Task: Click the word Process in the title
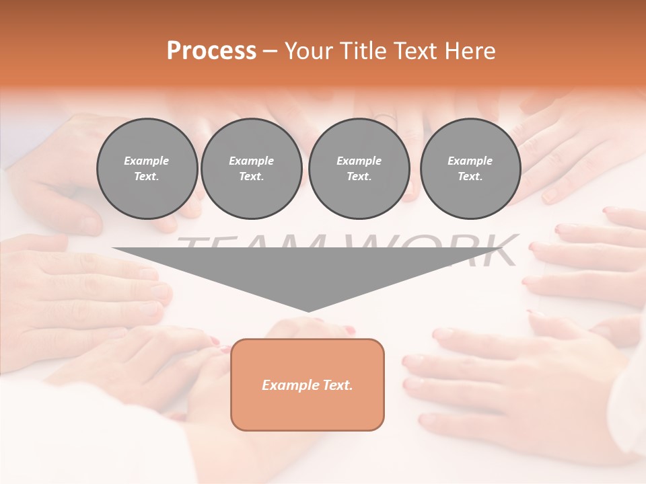(x=211, y=51)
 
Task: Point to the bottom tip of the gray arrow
(x=308, y=311)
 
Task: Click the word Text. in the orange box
(x=336, y=385)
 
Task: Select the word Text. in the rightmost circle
(x=470, y=176)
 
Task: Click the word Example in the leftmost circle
(x=147, y=161)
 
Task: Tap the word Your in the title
(x=306, y=51)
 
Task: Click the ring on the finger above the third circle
(x=384, y=118)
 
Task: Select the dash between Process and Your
(x=270, y=51)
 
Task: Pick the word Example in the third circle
(x=359, y=161)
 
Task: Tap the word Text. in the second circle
(x=251, y=176)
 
